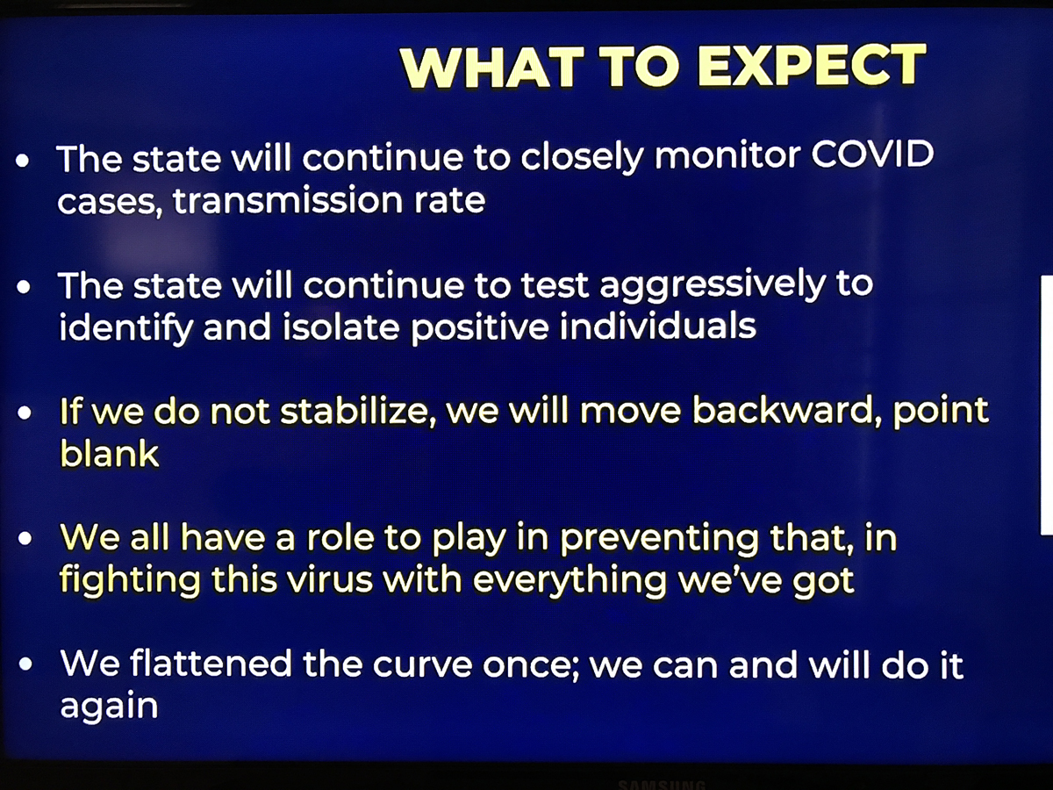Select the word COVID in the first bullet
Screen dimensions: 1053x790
(x=872, y=154)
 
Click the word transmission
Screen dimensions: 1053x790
(x=288, y=200)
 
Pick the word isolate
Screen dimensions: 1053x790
(x=340, y=327)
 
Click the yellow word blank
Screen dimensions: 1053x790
(x=110, y=453)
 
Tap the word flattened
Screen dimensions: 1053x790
(x=211, y=664)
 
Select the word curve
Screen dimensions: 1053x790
(x=423, y=665)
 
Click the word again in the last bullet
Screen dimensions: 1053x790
(x=109, y=707)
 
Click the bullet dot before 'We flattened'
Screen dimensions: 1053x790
(x=25, y=664)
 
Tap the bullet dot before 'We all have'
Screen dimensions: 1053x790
(x=25, y=539)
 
